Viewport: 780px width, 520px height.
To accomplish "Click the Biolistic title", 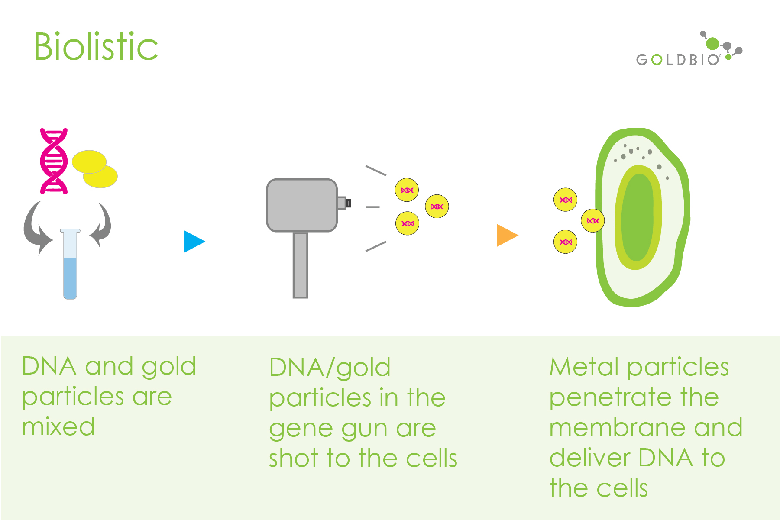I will [96, 46].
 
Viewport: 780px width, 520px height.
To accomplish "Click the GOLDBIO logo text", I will [677, 60].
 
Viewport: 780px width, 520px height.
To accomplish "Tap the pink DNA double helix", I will [54, 161].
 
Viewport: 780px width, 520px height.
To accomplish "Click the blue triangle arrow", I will [193, 241].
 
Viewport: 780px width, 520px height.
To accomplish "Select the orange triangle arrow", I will [506, 236].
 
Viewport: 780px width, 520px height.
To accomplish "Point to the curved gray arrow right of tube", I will [102, 225].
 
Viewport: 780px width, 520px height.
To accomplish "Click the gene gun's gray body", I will [301, 205].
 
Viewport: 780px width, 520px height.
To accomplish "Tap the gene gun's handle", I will [300, 265].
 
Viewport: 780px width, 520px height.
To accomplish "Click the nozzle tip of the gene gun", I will [348, 203].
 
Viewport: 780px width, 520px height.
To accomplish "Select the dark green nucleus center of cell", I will [638, 217].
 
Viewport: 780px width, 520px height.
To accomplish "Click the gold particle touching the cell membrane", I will [592, 221].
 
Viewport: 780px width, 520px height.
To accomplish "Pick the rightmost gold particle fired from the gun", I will [437, 207].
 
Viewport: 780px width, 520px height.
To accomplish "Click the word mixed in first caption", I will [58, 427].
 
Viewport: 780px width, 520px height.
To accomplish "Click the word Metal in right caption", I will [584, 367].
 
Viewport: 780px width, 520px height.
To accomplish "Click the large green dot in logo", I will [712, 44].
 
